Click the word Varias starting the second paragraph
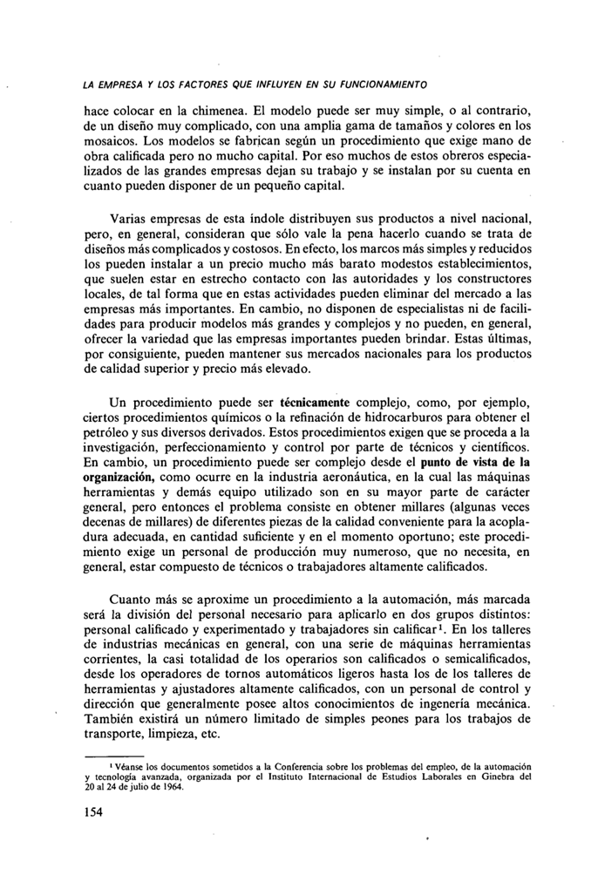click(131, 216)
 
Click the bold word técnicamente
click(314, 403)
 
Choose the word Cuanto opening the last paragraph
click(133, 600)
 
